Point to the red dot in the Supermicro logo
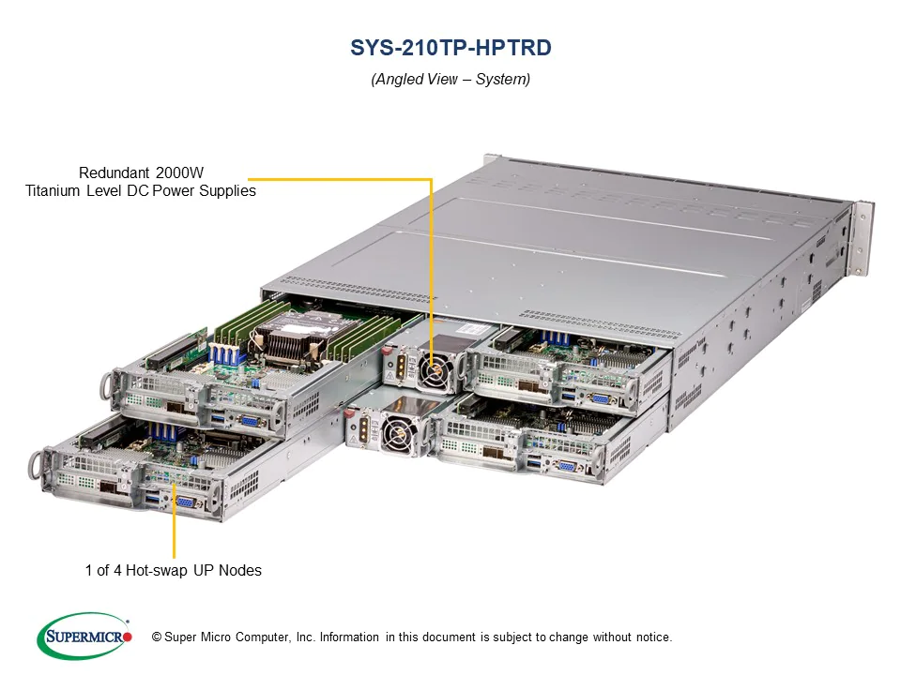point(128,637)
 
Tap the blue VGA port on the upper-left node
point(251,420)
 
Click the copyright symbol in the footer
point(157,637)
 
